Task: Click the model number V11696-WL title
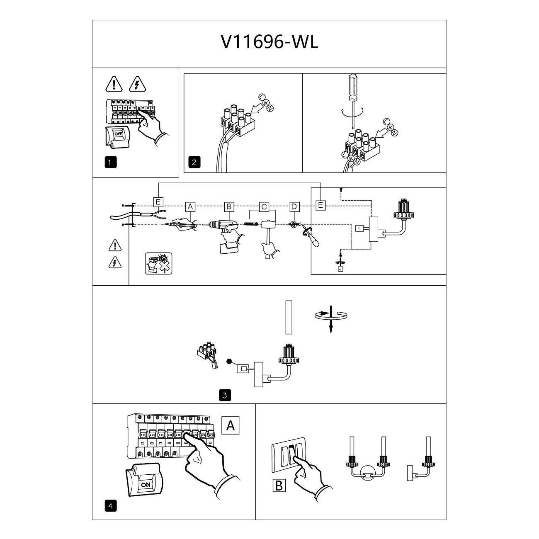pyautogui.click(x=269, y=43)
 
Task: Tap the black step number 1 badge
pyautogui.click(x=110, y=162)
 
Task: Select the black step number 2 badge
pyautogui.click(x=194, y=162)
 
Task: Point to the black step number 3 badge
pyautogui.click(x=225, y=395)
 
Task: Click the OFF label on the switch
pyautogui.click(x=118, y=134)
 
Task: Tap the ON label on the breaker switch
pyautogui.click(x=146, y=484)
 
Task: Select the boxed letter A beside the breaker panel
pyautogui.click(x=231, y=425)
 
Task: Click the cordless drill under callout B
pyautogui.click(x=226, y=234)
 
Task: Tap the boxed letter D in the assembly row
pyautogui.click(x=294, y=207)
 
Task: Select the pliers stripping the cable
pyautogui.click(x=158, y=214)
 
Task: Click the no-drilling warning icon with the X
pyautogui.click(x=158, y=263)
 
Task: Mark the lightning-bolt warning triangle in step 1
pyautogui.click(x=137, y=84)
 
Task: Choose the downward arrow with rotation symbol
pyautogui.click(x=331, y=319)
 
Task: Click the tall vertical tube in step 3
pyautogui.click(x=289, y=317)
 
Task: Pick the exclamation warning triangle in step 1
pyautogui.click(x=114, y=84)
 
